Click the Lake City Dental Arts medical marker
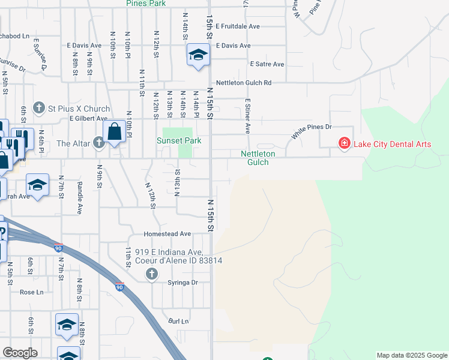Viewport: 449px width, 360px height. pyautogui.click(x=345, y=143)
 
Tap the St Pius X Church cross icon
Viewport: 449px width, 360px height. pyautogui.click(x=39, y=109)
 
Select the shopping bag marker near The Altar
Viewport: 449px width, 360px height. pyautogui.click(x=114, y=133)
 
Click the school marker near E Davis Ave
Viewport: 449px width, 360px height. pyautogui.click(x=197, y=56)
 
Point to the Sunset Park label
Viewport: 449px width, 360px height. pyautogui.click(x=178, y=141)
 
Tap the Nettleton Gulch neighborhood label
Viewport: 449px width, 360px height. pyautogui.click(x=258, y=158)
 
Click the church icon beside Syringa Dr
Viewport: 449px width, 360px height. pyautogui.click(x=151, y=275)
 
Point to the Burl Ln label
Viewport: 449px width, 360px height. pyautogui.click(x=178, y=322)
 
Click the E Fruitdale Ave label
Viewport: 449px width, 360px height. pyautogui.click(x=238, y=26)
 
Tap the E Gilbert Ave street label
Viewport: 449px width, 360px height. pyautogui.click(x=88, y=119)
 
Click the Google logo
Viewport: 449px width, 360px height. pyautogui.click(x=20, y=353)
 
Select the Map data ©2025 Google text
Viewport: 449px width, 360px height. pyautogui.click(x=411, y=355)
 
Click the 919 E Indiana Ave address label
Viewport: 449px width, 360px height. pyautogui.click(x=179, y=256)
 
